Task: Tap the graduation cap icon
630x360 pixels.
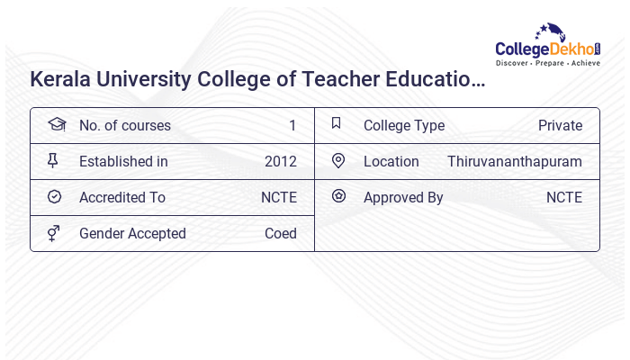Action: (x=56, y=124)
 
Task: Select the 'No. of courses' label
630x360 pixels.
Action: (x=124, y=125)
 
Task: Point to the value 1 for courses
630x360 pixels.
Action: (x=292, y=125)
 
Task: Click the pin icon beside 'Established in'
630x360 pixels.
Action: (x=53, y=160)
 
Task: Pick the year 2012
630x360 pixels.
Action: (x=281, y=161)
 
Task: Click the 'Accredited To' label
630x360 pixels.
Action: (x=122, y=197)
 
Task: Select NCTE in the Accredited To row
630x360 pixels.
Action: (x=278, y=197)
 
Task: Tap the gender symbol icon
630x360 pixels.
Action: (x=53, y=233)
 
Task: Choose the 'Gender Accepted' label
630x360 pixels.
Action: (x=132, y=233)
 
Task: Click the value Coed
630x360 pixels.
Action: (x=281, y=233)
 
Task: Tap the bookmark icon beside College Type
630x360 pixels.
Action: (x=337, y=123)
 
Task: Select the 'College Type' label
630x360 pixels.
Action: (x=404, y=125)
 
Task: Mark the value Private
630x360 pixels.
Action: (x=560, y=125)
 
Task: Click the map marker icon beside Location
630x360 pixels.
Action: (x=337, y=160)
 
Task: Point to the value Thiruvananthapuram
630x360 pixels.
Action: (x=515, y=161)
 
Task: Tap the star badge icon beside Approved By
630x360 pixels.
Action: (x=338, y=195)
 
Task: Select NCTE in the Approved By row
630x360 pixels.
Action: (x=564, y=197)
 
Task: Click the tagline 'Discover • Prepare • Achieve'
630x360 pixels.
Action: (x=548, y=63)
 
